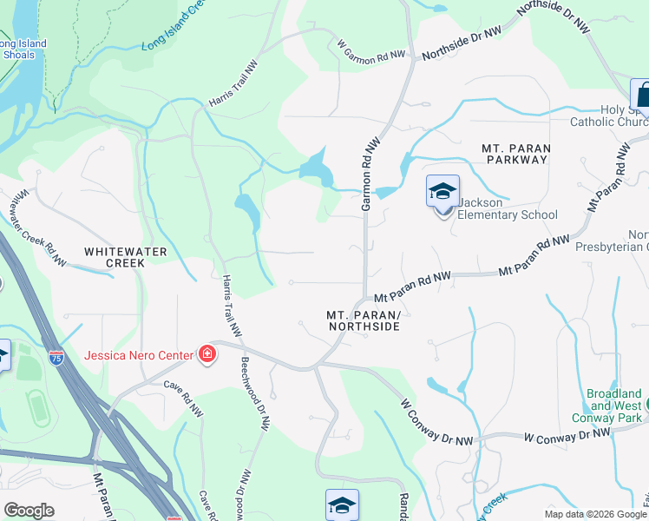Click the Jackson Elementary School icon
pos(442,191)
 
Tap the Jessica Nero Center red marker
pos(207,354)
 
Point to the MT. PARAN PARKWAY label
pos(515,154)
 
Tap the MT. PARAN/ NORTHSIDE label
pos(364,320)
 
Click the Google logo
pos(29,510)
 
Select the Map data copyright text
pos(595,514)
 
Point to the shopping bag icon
pos(641,93)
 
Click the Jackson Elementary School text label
pos(508,208)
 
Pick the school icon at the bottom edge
pos(342,505)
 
